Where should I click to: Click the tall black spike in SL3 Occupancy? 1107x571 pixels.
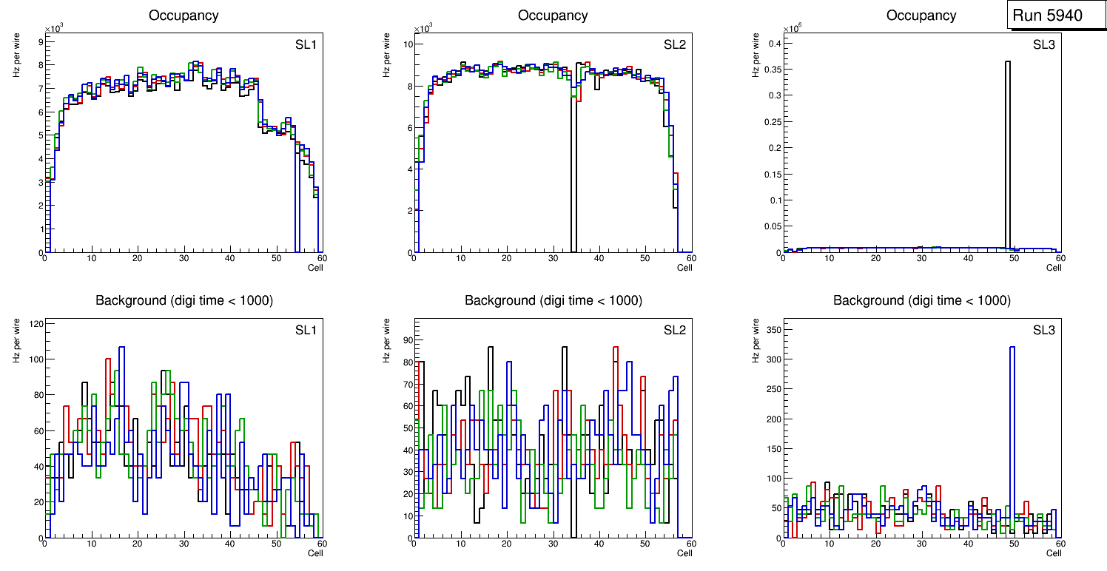click(x=1008, y=148)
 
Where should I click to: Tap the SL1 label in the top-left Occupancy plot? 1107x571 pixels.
click(x=306, y=45)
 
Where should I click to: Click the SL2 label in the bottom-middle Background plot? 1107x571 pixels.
click(x=675, y=329)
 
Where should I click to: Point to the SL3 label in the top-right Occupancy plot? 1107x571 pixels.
click(x=1044, y=45)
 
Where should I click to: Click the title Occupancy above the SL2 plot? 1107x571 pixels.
click(x=553, y=16)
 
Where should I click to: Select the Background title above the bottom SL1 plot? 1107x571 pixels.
click(x=184, y=300)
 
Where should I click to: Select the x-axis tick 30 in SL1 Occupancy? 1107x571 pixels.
click(x=183, y=258)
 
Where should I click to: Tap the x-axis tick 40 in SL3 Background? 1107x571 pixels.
click(x=968, y=544)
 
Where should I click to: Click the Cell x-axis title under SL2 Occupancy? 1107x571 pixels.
click(x=684, y=268)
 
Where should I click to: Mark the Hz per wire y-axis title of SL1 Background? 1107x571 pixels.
click(x=16, y=341)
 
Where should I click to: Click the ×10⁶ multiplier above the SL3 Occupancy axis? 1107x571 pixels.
click(x=793, y=28)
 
